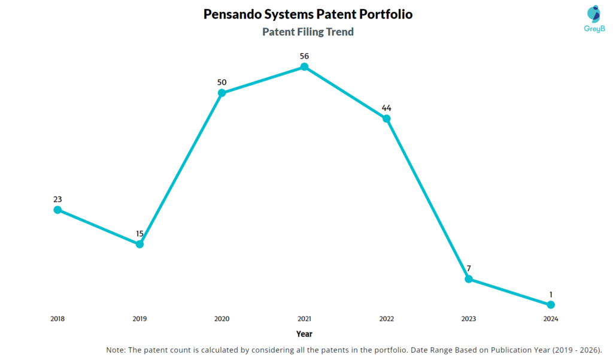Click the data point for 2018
[x=57, y=210]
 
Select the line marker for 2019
[x=139, y=244]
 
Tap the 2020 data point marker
[x=222, y=93]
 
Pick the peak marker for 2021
[x=304, y=67]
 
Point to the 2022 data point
[x=387, y=119]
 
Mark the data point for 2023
[x=469, y=279]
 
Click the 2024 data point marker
[x=551, y=304]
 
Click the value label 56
[x=304, y=56]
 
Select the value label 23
[x=57, y=199]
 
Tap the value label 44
[x=387, y=108]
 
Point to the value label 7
[x=469, y=268]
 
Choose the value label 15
[x=139, y=233]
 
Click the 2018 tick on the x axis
[x=57, y=319]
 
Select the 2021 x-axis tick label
[x=304, y=319]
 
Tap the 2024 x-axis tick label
[x=551, y=319]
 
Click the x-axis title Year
[x=304, y=334]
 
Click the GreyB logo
[x=593, y=17]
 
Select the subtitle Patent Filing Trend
[x=308, y=32]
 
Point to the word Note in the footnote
[x=116, y=350]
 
